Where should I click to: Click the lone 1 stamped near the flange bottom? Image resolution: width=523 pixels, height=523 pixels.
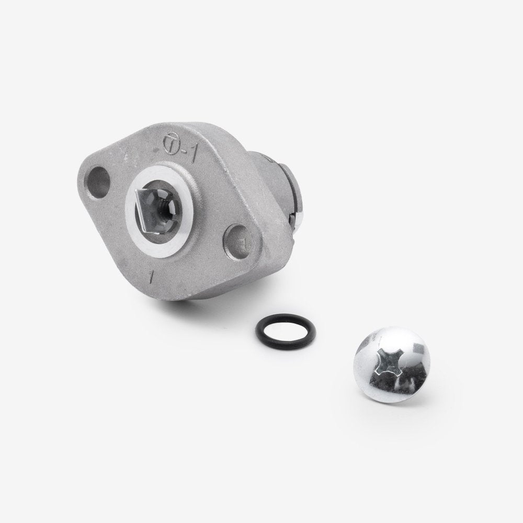tap(152, 275)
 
